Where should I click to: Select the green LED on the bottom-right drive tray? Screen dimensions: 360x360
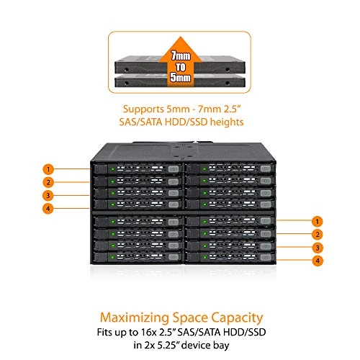coord(195,259)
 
